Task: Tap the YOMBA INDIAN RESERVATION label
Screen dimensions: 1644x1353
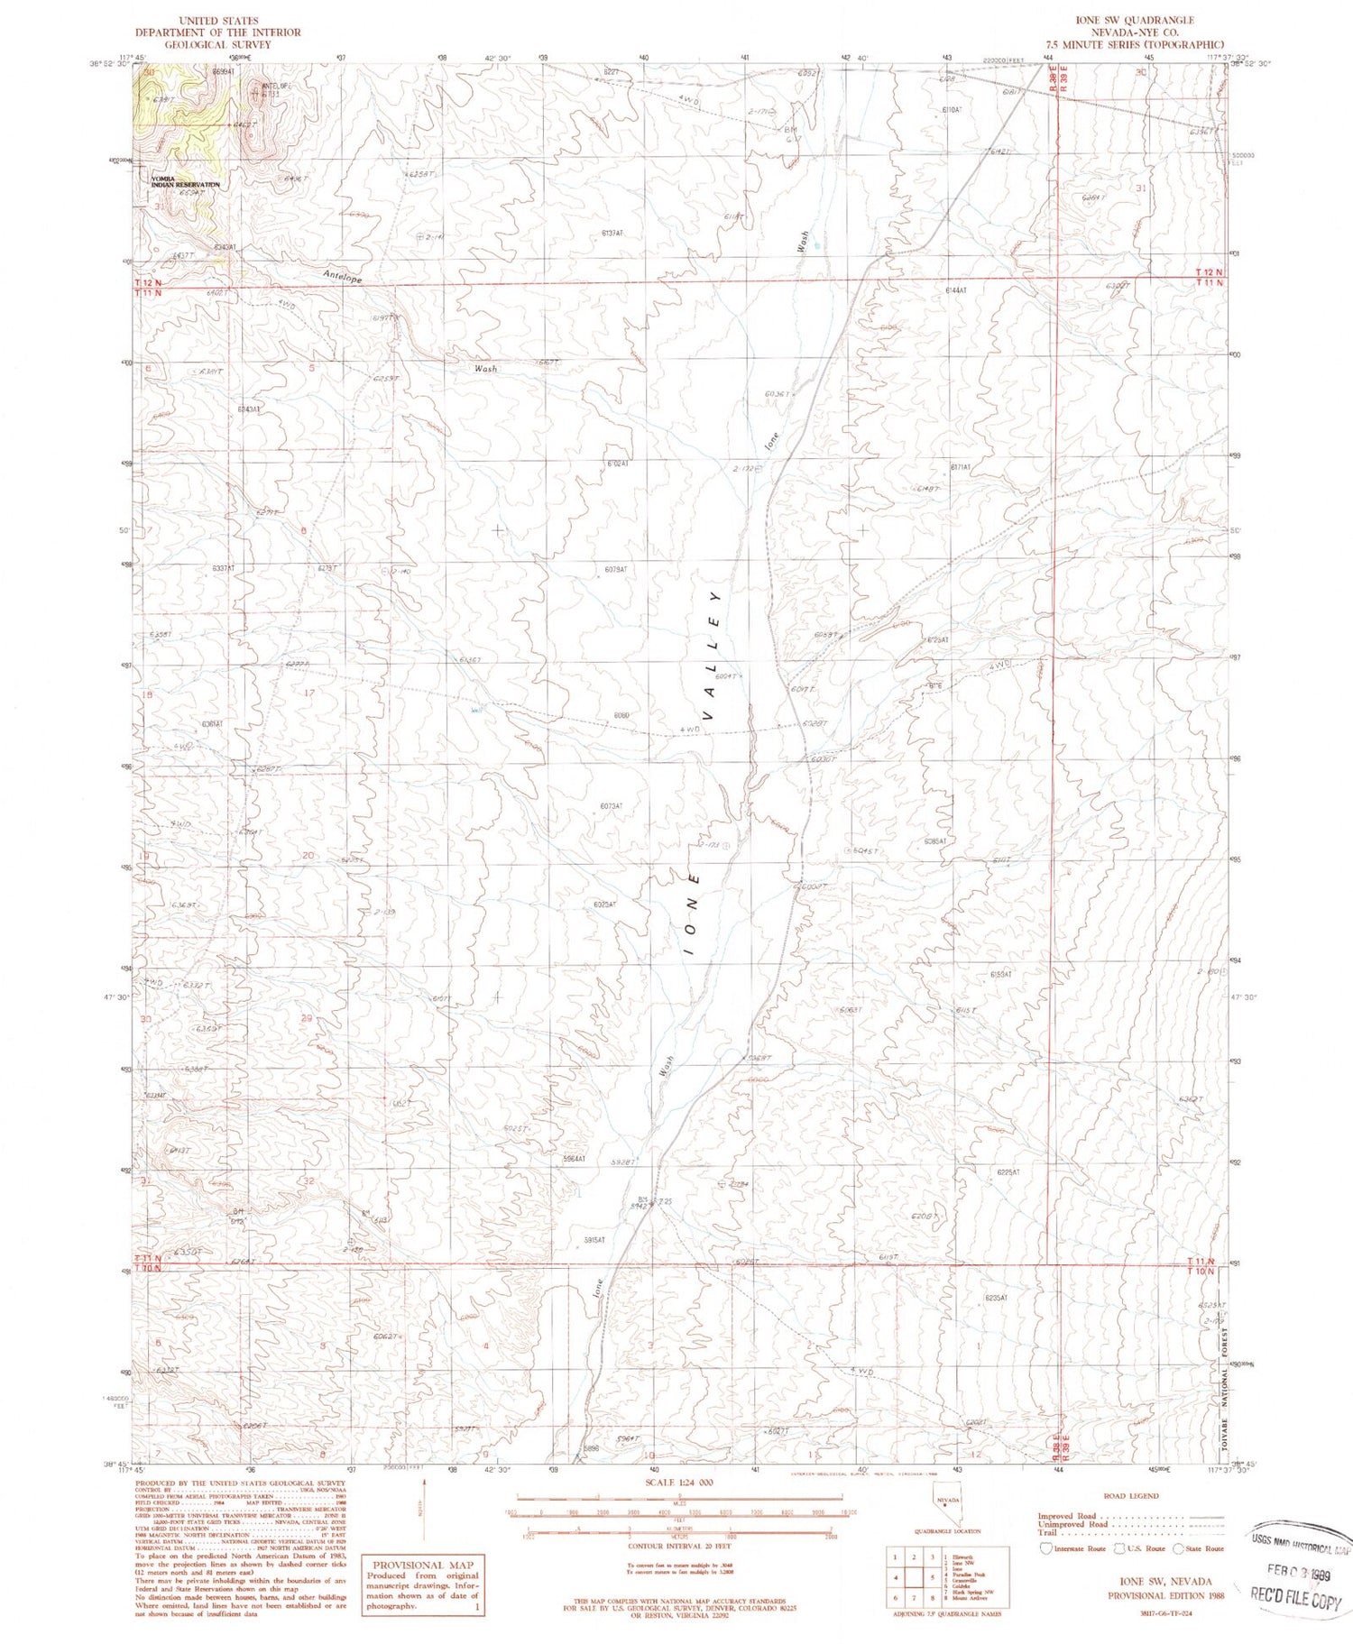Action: coord(184,181)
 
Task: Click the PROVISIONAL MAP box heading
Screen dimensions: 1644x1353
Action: coord(422,1565)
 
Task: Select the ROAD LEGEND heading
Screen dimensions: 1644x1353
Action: coord(1132,1495)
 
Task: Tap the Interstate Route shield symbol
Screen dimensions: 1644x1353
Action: coord(1045,1548)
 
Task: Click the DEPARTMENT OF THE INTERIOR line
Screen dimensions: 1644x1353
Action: coord(217,32)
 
